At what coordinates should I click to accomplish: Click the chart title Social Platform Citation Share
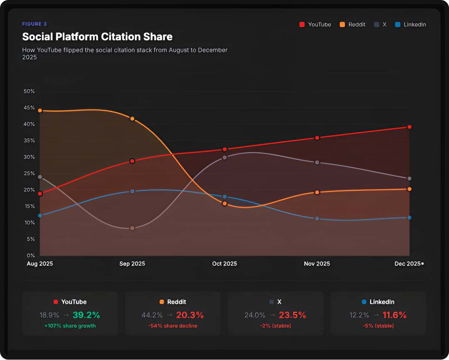(x=97, y=37)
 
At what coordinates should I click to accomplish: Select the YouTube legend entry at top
(x=315, y=25)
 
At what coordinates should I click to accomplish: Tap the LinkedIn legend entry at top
(x=410, y=25)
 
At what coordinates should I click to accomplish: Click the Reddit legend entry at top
(x=353, y=25)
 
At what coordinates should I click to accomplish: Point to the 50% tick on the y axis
(x=29, y=91)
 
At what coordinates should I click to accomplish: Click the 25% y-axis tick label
(x=29, y=173)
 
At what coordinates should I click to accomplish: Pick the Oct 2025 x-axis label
(x=224, y=264)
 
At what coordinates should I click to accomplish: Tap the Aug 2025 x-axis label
(x=40, y=264)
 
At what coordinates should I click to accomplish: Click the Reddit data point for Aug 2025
(x=40, y=111)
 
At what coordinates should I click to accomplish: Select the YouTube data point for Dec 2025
(x=410, y=127)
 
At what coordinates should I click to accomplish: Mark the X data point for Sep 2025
(x=132, y=228)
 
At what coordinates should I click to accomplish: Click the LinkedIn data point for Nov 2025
(x=317, y=219)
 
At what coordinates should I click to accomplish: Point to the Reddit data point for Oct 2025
(x=224, y=204)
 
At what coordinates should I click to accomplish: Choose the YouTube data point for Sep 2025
(x=132, y=161)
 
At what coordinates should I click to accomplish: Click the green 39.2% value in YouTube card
(x=86, y=315)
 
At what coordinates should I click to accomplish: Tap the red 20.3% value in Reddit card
(x=190, y=315)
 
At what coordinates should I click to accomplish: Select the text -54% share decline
(x=173, y=326)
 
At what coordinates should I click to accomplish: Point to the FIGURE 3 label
(x=35, y=24)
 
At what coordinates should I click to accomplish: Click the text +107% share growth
(x=70, y=326)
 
